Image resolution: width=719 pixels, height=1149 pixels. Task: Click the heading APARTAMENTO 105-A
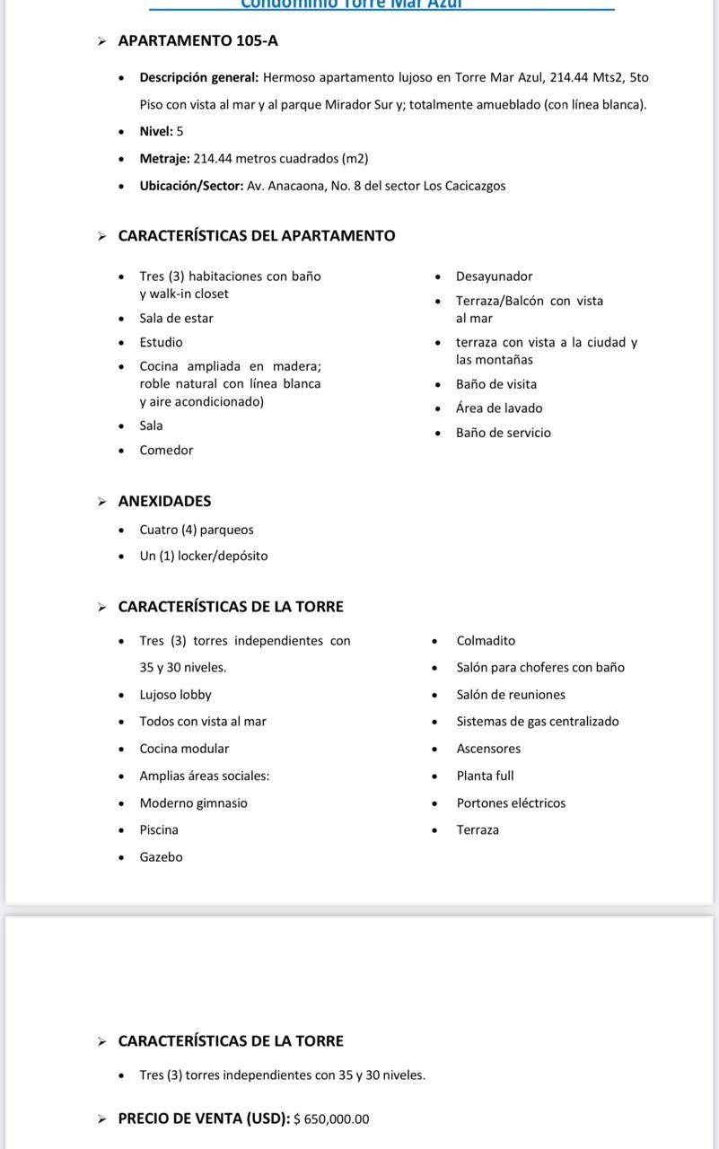click(197, 40)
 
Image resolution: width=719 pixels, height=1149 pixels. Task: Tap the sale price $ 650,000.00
click(331, 1119)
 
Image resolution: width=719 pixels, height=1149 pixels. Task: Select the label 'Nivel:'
click(156, 131)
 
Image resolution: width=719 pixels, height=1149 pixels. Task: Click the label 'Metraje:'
click(164, 158)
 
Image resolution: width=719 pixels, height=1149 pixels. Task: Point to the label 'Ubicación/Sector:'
click(191, 186)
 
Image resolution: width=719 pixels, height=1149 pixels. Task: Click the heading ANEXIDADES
click(164, 501)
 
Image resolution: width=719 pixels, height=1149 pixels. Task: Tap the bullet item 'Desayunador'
click(494, 276)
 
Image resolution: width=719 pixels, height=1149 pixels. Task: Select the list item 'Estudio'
click(161, 342)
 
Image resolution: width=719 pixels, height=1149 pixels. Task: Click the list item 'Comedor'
click(166, 450)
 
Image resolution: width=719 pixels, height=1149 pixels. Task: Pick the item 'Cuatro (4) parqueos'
click(197, 530)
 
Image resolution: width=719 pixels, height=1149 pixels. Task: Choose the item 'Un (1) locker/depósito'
click(204, 556)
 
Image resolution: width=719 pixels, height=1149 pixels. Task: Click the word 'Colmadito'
click(486, 641)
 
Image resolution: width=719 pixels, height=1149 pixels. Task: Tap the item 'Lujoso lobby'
click(175, 695)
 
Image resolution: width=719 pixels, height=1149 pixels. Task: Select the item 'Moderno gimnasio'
click(193, 803)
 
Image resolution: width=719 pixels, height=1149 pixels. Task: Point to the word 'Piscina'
click(159, 830)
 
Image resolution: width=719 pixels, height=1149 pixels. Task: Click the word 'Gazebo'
click(161, 857)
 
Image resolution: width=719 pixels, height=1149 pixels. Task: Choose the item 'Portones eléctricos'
click(511, 803)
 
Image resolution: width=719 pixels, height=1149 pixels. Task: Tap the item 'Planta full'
click(485, 776)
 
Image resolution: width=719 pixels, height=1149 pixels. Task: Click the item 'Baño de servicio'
click(503, 433)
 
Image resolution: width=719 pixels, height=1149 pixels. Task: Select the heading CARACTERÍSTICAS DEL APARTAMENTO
click(257, 235)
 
